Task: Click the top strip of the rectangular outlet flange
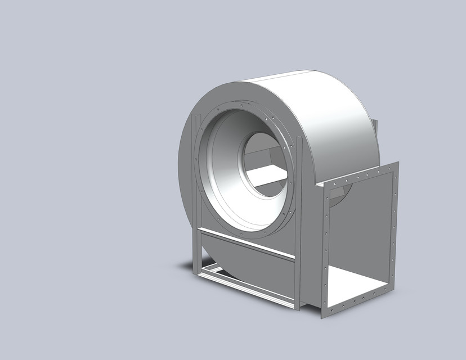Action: coord(360,175)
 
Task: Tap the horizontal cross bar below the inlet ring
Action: coord(248,242)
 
